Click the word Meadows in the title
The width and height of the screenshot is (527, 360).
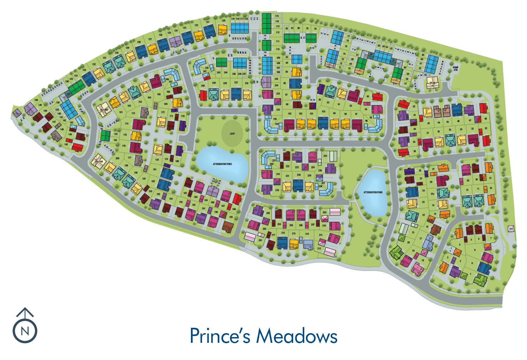pos(297,336)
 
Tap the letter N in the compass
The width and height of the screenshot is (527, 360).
pos(25,331)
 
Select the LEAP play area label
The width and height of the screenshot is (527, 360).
pos(232,133)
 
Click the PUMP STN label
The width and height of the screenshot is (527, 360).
pos(455,69)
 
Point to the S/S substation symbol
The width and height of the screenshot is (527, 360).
pos(511,229)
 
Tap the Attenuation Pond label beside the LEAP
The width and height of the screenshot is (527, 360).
pos(222,164)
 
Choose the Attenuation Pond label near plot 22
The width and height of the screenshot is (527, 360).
pos(373,192)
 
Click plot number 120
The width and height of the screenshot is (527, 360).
pos(223,20)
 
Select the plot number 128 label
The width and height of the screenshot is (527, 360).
pos(139,42)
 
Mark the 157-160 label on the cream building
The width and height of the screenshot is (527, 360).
pos(104,110)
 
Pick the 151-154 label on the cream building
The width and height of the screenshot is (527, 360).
pos(99,162)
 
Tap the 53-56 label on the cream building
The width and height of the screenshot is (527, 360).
pos(432,83)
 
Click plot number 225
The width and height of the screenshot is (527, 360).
pos(325,156)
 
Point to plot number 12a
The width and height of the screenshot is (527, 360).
pos(432,194)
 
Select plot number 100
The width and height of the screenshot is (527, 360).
pos(323,112)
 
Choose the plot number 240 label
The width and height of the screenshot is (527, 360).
pos(203,86)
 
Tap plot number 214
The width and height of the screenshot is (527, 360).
pos(307,234)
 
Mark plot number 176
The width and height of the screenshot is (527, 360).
pos(124,146)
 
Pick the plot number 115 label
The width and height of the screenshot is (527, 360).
pos(277,16)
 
